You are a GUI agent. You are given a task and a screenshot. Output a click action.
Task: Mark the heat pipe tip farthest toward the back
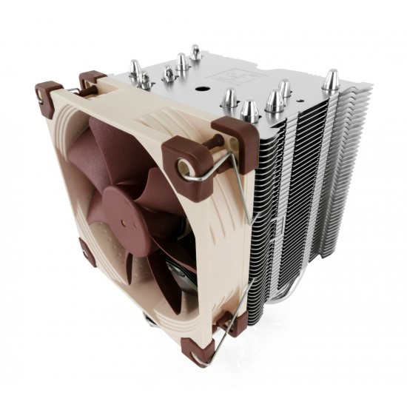tap(195, 52)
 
